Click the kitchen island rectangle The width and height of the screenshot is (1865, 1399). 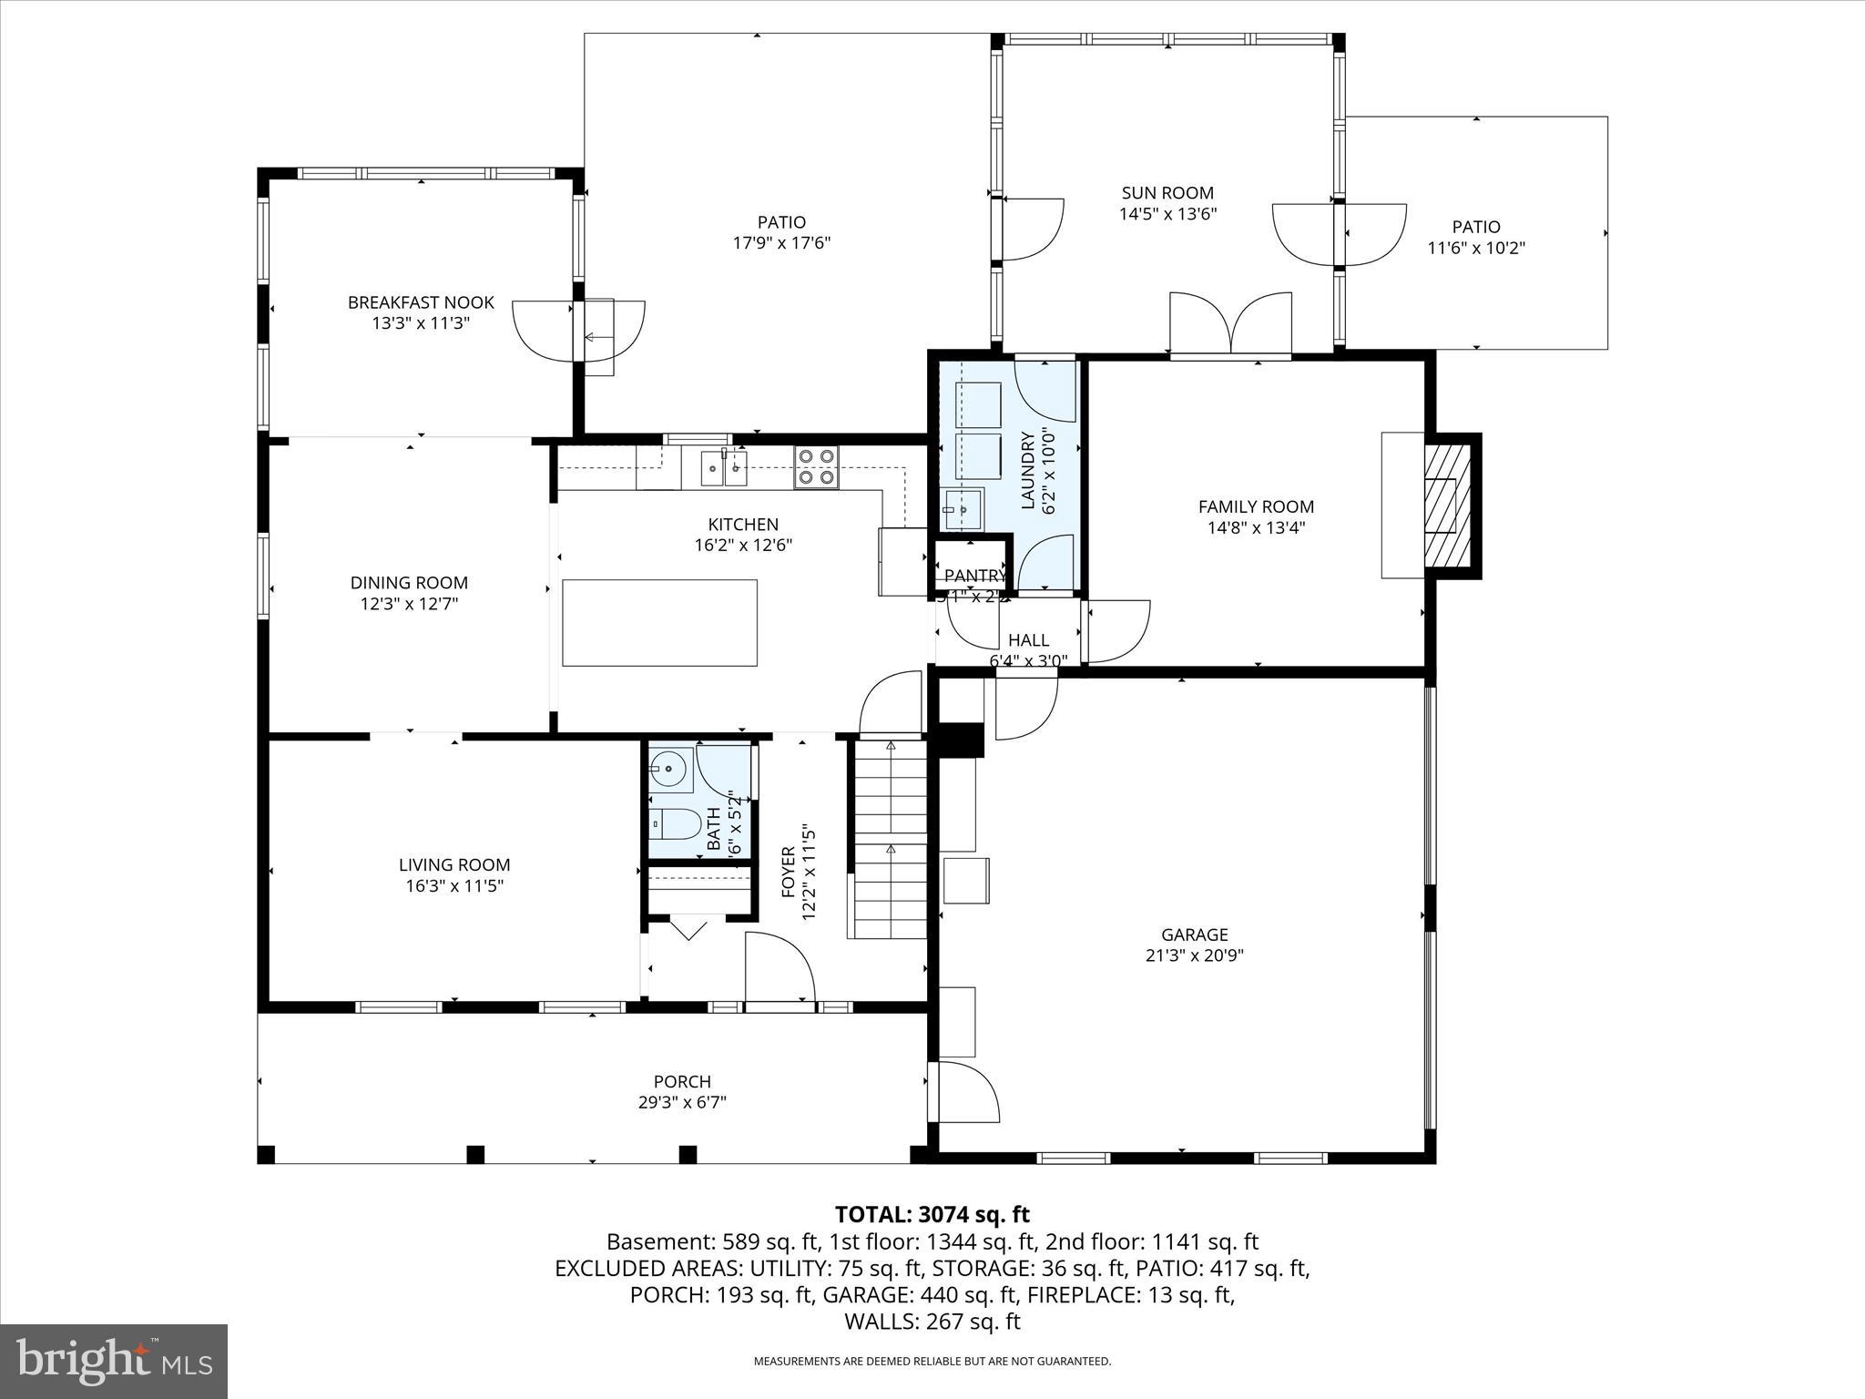point(659,623)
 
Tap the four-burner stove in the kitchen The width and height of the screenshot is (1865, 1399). point(816,467)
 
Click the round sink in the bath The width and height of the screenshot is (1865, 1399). point(671,770)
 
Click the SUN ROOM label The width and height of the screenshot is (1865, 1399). point(1167,193)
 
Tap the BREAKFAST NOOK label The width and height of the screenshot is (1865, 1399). point(421,302)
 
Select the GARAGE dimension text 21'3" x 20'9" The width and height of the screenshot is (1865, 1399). point(1194,955)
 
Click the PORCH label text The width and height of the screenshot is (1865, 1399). point(682,1081)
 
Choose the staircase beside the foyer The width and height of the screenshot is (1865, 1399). point(889,840)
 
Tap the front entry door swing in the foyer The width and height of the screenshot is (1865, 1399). point(780,968)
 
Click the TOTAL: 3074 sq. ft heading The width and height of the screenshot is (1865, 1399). point(932,1214)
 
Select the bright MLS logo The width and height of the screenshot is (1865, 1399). point(114,1362)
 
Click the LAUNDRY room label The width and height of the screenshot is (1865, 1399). point(1028,470)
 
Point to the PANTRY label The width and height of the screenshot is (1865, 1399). point(973,576)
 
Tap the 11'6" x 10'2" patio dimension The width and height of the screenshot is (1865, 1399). point(1475,248)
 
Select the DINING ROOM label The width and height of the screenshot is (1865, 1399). point(409,583)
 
